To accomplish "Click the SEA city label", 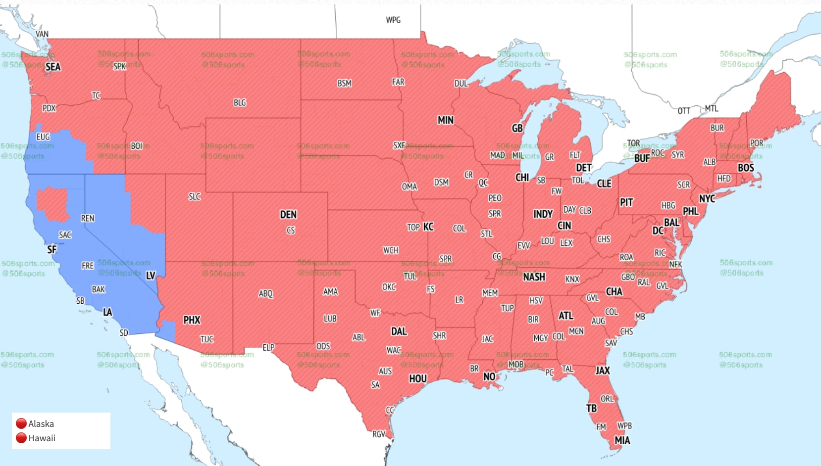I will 53,67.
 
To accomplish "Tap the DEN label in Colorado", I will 288,214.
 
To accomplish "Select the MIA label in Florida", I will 622,440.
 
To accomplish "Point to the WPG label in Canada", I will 393,20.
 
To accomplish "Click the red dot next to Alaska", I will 21,423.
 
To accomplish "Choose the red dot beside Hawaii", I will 21,438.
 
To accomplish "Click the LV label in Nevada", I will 151,276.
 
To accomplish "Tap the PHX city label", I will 192,320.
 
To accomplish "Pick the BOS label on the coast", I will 745,168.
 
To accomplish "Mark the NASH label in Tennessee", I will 534,277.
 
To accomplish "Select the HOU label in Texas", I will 417,378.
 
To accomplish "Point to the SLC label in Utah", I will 195,196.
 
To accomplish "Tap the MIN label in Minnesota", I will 445,120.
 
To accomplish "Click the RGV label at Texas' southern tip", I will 379,434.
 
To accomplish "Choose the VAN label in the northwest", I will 42,34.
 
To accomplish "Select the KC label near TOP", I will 428,227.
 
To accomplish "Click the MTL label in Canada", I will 711,108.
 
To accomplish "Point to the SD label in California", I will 124,333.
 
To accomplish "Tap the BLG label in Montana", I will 240,102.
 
